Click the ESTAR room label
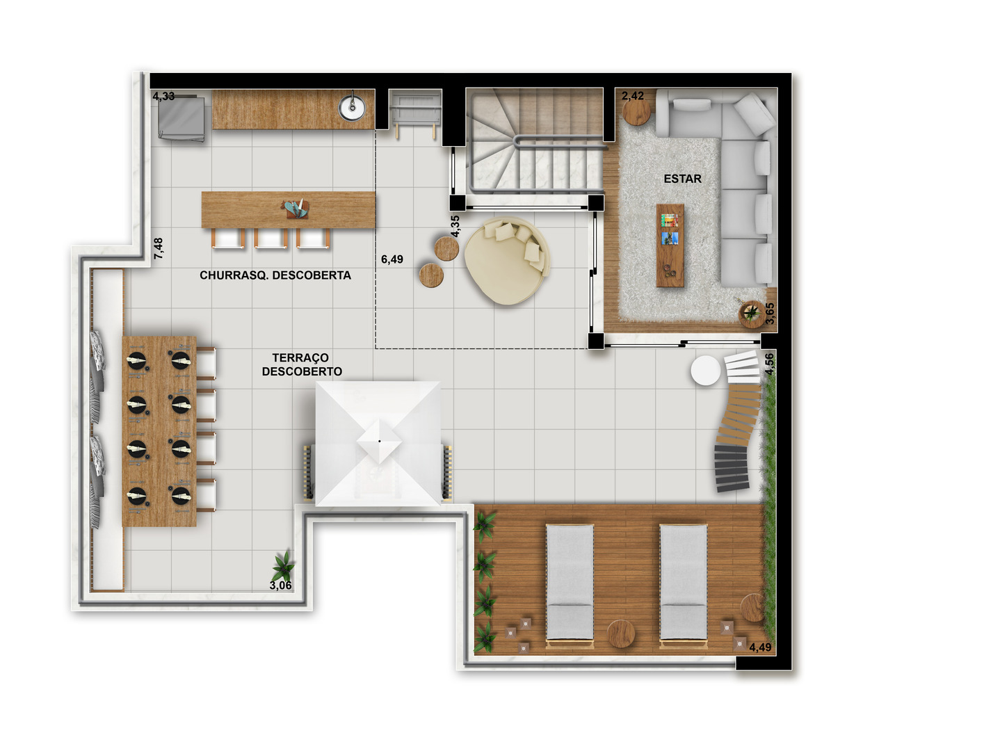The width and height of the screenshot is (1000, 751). coord(682,179)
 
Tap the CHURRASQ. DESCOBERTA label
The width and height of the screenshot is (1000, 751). coord(275,275)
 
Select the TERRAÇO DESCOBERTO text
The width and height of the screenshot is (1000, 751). coord(302,364)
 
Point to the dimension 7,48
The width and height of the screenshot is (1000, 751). coord(158,249)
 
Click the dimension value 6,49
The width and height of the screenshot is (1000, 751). coord(392,259)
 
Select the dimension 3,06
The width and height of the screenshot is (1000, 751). coord(280,586)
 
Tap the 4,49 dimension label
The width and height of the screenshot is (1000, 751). coord(760,647)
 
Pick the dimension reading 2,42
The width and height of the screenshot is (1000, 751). coord(632,96)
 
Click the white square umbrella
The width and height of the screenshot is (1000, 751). coord(378,443)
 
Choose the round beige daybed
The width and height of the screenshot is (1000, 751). coord(507,260)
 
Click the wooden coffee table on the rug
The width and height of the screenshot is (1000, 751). coord(670,245)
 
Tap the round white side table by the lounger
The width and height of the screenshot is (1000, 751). coord(706,370)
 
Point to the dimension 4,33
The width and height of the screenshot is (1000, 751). coord(163,96)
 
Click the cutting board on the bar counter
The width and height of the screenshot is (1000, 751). coord(295,209)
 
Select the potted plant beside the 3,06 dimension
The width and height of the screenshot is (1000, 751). coord(283,566)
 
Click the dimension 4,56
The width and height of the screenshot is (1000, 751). coord(769,364)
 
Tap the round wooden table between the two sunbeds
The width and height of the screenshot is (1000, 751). coord(620,633)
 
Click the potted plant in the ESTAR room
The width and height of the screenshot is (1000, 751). coord(751,313)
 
